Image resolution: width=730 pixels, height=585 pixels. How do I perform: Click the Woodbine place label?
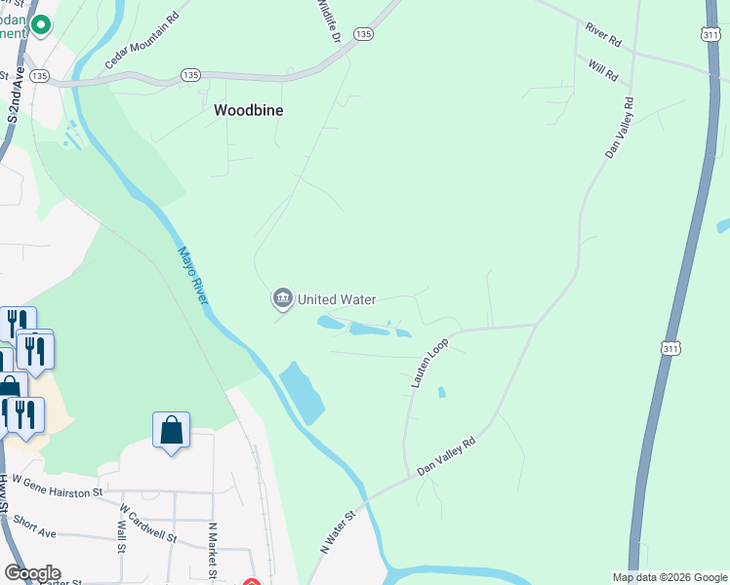coord(249,111)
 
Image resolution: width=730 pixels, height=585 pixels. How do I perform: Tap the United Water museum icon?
coord(283,298)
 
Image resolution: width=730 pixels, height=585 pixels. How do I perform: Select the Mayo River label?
coord(192,274)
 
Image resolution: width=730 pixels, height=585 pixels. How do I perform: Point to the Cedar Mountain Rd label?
coord(142,42)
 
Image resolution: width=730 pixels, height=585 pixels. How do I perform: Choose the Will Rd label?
coord(604,70)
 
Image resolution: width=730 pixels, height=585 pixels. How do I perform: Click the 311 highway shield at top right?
coord(710,33)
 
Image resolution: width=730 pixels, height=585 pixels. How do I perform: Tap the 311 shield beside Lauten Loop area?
coord(669,347)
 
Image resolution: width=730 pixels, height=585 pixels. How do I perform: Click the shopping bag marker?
coord(171,429)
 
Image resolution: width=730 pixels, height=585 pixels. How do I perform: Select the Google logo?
coord(32,573)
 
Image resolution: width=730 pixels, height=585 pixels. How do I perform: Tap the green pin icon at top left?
coord(40,24)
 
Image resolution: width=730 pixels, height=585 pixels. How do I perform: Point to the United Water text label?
coord(337,299)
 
